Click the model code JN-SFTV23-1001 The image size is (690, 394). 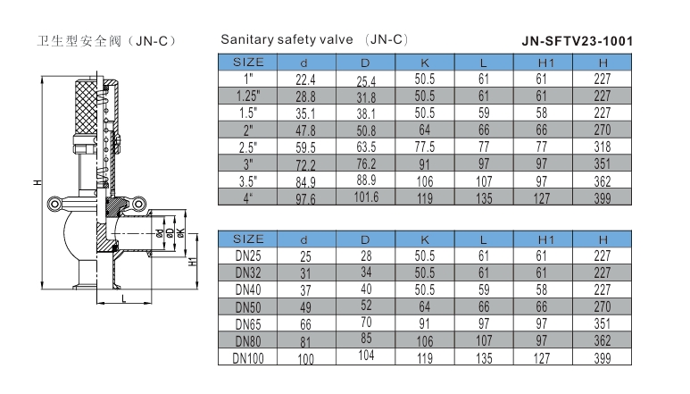[578, 41]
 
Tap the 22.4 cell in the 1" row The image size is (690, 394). [305, 80]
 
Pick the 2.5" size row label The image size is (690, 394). [248, 147]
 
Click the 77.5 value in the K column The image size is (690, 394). [424, 147]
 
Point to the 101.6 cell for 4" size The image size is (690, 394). [366, 197]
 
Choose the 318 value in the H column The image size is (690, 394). [602, 147]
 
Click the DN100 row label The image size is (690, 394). [248, 358]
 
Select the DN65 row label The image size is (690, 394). [248, 324]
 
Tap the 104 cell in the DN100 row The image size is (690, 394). [366, 356]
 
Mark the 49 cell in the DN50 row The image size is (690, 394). [305, 307]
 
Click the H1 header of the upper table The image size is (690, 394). [545, 63]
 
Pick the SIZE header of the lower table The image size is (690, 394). [248, 239]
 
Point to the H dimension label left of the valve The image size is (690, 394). [37, 182]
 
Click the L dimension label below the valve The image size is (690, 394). [124, 298]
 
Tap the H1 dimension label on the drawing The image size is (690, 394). [192, 261]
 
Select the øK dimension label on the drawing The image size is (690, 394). [180, 233]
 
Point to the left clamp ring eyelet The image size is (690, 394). [54, 204]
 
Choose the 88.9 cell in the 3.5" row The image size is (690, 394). [366, 180]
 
